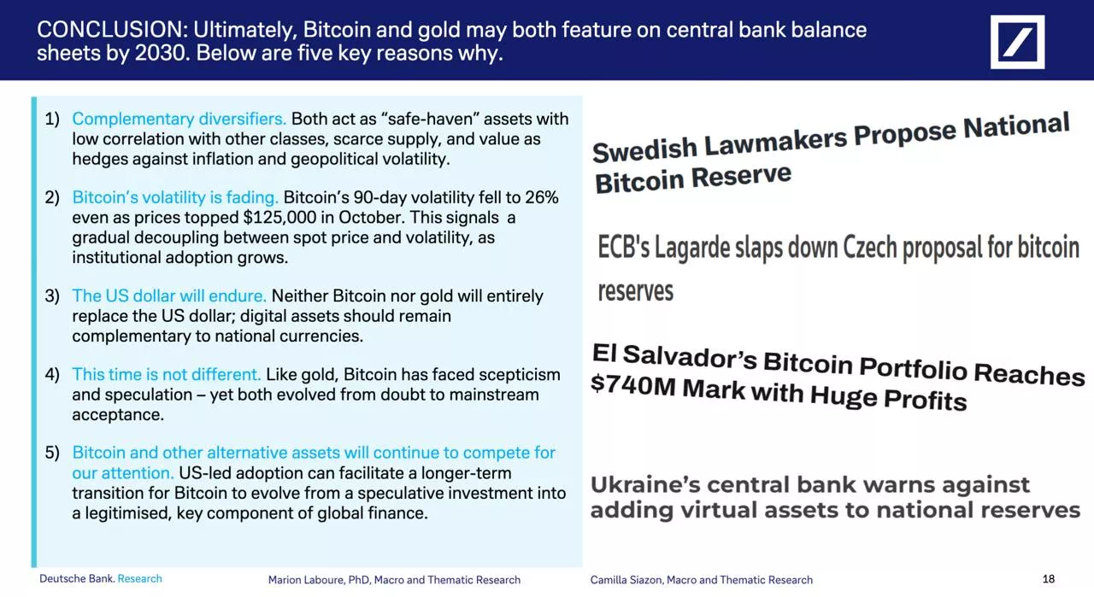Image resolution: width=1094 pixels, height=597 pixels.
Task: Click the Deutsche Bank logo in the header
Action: click(x=1017, y=42)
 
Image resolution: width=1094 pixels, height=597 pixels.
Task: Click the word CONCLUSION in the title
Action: click(x=112, y=30)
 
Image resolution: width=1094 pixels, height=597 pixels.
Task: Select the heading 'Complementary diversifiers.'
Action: click(x=179, y=119)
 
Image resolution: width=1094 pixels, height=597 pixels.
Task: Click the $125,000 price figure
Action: click(x=279, y=217)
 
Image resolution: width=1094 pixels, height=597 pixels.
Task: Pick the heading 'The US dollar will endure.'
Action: click(x=169, y=296)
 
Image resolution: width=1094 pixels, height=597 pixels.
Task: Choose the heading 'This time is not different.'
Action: click(x=167, y=374)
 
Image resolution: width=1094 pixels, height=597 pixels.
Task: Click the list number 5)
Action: click(x=52, y=453)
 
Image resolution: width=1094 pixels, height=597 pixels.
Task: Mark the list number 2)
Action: click(x=52, y=197)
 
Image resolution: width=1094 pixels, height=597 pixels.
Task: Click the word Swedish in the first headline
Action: click(x=644, y=149)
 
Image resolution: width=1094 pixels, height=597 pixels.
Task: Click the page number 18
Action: click(x=1049, y=579)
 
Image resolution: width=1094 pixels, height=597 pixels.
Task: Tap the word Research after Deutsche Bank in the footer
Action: click(x=139, y=578)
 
